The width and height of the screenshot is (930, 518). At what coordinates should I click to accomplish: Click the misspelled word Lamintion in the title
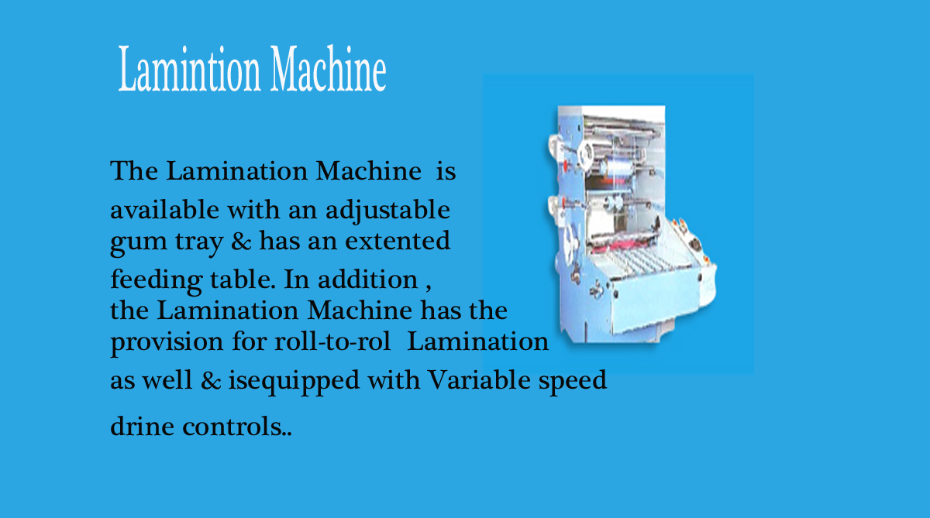pyautogui.click(x=189, y=69)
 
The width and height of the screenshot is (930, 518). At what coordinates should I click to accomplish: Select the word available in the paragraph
pyautogui.click(x=164, y=209)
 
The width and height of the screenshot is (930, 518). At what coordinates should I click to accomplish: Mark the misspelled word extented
pyautogui.click(x=398, y=241)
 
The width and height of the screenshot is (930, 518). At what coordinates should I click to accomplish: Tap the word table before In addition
pyautogui.click(x=243, y=279)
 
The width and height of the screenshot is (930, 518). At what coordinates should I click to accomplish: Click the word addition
pyautogui.click(x=368, y=279)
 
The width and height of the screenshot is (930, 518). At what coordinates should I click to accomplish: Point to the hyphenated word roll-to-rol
pyautogui.click(x=332, y=341)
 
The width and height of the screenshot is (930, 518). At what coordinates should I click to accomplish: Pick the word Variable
pyautogui.click(x=479, y=379)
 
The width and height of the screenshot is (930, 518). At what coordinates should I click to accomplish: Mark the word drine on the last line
pyautogui.click(x=142, y=426)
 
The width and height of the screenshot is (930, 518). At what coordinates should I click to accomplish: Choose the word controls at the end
pyautogui.click(x=232, y=426)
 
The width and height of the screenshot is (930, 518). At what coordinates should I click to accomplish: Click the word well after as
pyautogui.click(x=167, y=379)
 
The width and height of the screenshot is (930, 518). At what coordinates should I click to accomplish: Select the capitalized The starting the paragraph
pyautogui.click(x=134, y=170)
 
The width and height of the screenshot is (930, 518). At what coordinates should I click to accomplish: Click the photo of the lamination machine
pyautogui.click(x=631, y=225)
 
